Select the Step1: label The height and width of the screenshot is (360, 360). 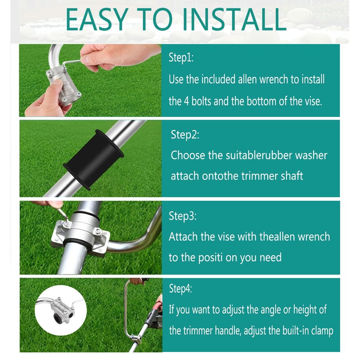(181, 58)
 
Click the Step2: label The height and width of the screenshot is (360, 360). (185, 135)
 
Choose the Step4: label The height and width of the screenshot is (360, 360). (180, 288)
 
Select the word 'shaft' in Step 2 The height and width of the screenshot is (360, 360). (290, 175)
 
